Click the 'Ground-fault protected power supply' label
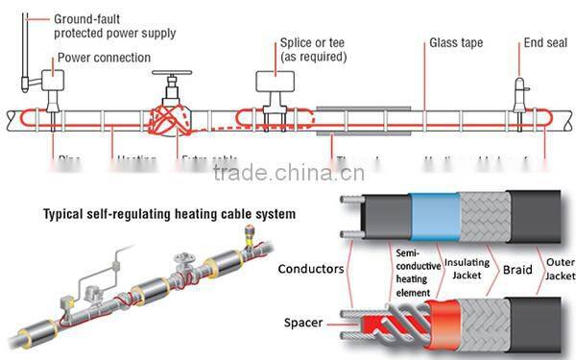tap(114, 26)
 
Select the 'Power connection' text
tap(104, 58)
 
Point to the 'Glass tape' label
tap(455, 43)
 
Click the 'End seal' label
tap(546, 43)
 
